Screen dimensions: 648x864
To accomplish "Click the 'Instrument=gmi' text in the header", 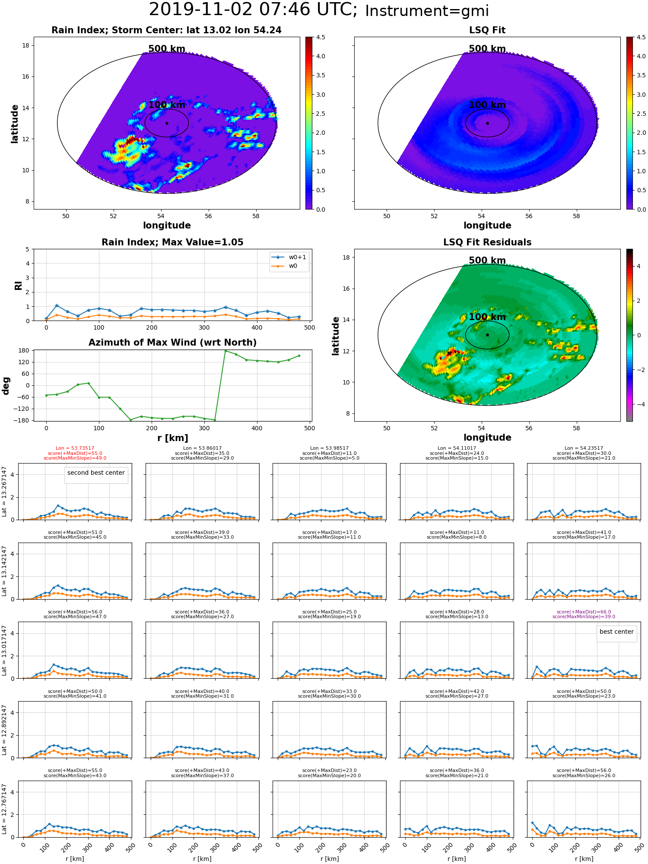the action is [x=427, y=11].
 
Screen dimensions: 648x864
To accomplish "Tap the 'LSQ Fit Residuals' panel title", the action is [x=487, y=242].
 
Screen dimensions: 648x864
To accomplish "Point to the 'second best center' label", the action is [x=96, y=473].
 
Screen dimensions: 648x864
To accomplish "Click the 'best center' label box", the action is [x=616, y=632].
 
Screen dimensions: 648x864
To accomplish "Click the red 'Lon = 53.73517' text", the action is [x=75, y=448].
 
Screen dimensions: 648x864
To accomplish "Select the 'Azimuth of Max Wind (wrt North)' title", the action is [x=172, y=343].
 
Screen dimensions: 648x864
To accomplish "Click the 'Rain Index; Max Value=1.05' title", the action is [x=172, y=242].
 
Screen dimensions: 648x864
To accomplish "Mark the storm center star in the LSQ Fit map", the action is [x=487, y=123].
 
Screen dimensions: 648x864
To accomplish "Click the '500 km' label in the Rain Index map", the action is [x=167, y=49].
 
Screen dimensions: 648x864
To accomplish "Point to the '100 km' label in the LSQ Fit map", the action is [x=487, y=105].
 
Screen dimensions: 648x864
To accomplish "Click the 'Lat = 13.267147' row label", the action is [x=4, y=492].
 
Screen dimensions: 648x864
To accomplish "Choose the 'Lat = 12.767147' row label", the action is [x=4, y=809].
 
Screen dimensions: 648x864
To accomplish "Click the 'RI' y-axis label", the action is [x=18, y=285].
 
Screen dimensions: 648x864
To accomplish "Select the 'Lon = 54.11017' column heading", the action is [x=457, y=448].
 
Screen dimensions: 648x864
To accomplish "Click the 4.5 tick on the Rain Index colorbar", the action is [x=321, y=37].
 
